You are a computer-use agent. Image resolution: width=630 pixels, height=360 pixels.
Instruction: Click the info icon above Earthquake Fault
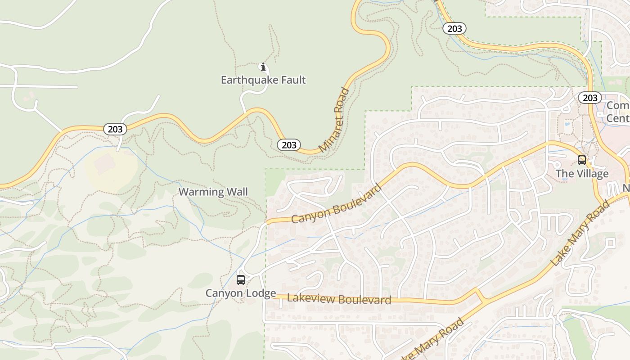click(x=263, y=67)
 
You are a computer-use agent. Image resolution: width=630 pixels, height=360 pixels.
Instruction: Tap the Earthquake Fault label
click(x=263, y=80)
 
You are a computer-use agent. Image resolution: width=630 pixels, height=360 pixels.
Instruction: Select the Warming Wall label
click(x=213, y=192)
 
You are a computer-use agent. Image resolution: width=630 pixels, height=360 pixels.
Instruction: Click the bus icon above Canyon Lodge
click(x=241, y=280)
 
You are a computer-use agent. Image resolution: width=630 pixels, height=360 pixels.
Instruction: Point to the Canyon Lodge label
click(x=241, y=293)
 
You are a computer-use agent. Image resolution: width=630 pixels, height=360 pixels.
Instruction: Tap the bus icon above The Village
click(x=582, y=160)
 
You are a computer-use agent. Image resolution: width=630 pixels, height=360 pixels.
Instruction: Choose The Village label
click(x=582, y=174)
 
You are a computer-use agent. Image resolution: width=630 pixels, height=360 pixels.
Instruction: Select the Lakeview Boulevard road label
click(x=339, y=299)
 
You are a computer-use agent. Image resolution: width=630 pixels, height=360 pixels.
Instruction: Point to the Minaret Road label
click(x=334, y=120)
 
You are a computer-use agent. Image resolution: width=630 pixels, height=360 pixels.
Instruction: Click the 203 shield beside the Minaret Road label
click(x=289, y=145)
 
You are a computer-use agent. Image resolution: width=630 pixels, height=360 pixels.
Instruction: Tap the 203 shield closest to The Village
click(x=589, y=98)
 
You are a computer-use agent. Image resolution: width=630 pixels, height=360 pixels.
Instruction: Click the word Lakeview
click(x=311, y=298)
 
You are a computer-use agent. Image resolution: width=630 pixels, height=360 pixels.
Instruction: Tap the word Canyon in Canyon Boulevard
click(x=311, y=213)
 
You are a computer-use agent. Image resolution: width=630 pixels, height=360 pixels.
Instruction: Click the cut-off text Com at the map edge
click(x=617, y=106)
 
